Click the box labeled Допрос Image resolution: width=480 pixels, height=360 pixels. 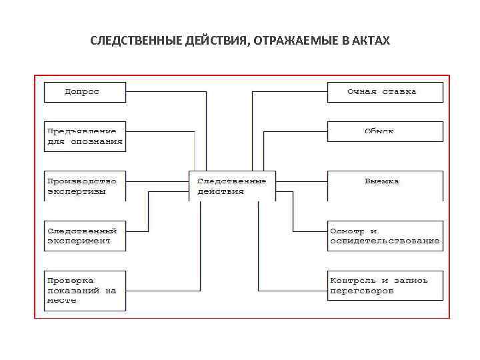coord(85,91)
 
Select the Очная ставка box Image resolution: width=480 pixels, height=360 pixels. coord(385,91)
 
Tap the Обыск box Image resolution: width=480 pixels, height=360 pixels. coord(385,131)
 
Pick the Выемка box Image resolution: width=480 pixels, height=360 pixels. coord(385,185)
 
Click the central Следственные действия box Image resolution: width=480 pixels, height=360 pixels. coord(232,186)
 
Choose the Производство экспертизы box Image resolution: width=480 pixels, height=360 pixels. coord(85,186)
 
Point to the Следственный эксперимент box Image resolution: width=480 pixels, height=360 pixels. coord(85,235)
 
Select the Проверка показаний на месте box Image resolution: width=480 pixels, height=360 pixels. coord(85,290)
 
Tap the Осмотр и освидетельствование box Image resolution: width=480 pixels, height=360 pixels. coord(385,235)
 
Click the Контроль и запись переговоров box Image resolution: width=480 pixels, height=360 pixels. coord(385,285)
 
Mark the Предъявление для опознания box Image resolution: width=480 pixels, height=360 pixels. coord(85,137)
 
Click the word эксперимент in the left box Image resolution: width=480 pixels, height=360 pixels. coord(79,241)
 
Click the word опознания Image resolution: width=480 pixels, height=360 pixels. coord(97,141)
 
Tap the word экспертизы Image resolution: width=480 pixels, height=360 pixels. coord(77,191)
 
